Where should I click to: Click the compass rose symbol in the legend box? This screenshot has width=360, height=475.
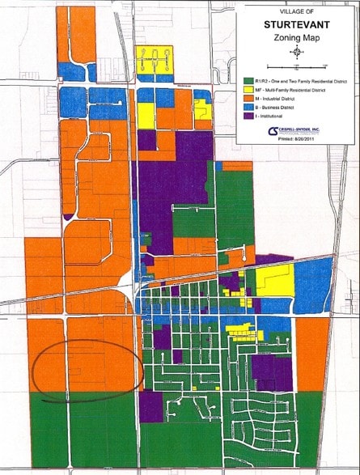296,53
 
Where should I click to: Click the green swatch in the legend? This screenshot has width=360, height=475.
246,81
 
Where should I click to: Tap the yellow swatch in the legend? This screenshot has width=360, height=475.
246,91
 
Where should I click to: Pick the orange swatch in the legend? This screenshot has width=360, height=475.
246,100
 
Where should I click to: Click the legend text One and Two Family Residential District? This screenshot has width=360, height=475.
299,81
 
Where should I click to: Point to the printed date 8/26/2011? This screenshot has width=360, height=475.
298,140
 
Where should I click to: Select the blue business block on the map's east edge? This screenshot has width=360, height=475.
312,283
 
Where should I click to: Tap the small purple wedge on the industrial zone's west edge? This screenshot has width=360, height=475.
68,217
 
